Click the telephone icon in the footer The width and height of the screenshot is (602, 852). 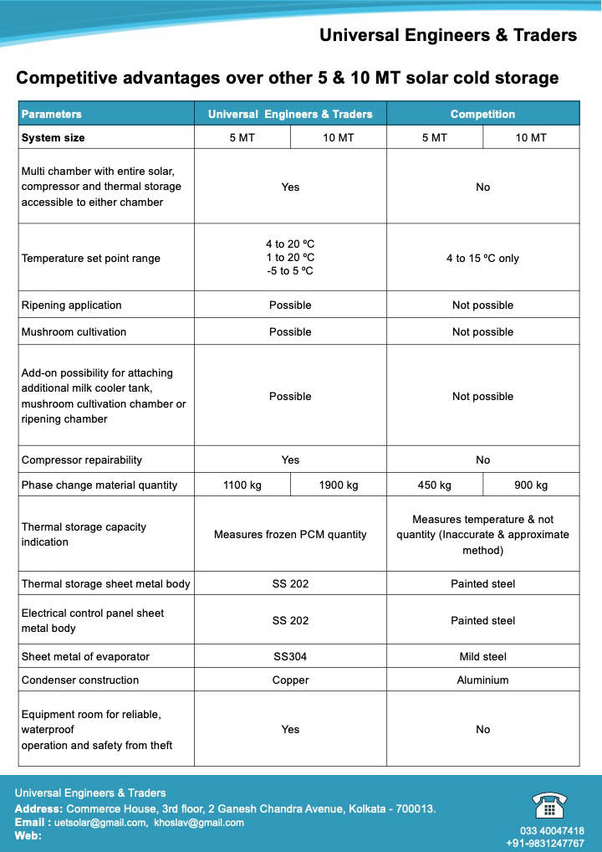549,804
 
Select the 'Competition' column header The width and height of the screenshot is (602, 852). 482,114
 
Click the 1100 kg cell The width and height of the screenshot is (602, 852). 242,485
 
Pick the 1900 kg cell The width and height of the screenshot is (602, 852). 339,485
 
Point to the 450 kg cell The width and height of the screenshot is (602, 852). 434,485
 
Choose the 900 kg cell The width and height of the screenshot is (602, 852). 531,485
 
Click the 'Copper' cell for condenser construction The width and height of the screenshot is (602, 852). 290,680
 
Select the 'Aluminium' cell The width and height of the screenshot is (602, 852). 482,680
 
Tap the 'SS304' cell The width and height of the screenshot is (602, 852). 290,657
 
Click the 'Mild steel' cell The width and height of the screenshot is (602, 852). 482,657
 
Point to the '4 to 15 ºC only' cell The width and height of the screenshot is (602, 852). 482,259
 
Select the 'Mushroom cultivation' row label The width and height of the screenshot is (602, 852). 74,332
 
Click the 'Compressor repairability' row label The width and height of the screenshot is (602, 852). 82,460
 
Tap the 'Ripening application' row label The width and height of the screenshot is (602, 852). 72,305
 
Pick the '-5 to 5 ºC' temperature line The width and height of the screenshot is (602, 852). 290,272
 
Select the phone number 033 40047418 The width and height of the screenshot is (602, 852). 552,831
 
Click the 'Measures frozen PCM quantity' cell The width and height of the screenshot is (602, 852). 290,535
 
